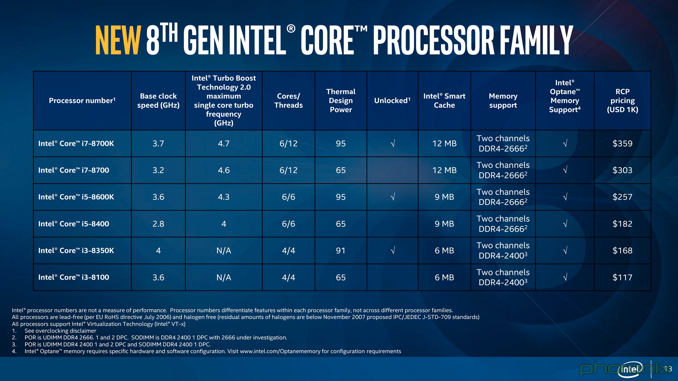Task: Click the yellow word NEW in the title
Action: [x=118, y=40]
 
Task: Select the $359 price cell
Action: [x=622, y=144]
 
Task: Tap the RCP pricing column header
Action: [x=622, y=101]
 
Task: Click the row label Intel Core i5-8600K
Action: [x=76, y=197]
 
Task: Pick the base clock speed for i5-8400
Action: [x=158, y=224]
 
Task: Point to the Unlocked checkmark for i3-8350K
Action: [x=392, y=251]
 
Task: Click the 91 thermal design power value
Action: [x=341, y=251]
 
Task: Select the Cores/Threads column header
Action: [x=288, y=101]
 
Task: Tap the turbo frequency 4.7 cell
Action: [x=224, y=144]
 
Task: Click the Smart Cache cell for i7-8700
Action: [x=444, y=170]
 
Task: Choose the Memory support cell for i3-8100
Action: [x=503, y=277]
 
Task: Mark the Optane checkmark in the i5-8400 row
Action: [x=565, y=224]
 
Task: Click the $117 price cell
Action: [x=622, y=277]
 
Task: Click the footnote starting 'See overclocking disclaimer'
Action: [x=60, y=331]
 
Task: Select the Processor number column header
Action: [x=82, y=101]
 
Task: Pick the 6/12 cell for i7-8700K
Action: [x=288, y=144]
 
